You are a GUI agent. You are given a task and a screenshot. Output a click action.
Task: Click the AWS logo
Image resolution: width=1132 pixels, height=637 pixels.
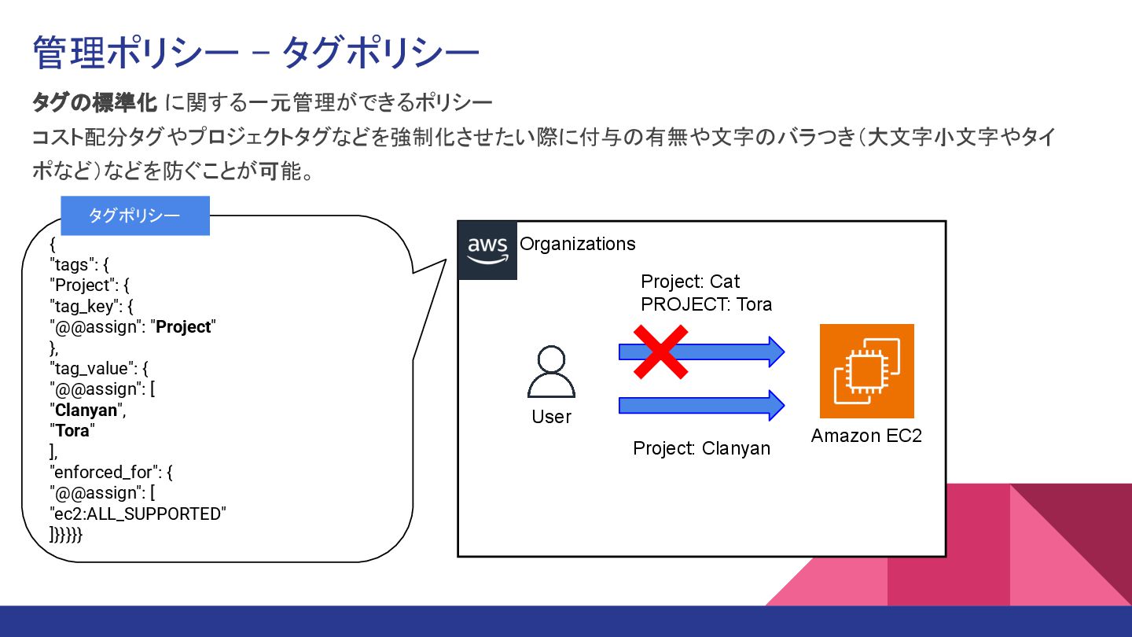487,250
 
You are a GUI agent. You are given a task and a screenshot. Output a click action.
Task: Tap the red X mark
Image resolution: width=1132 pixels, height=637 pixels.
661,352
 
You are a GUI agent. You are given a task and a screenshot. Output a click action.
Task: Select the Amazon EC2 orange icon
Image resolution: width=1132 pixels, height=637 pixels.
866,371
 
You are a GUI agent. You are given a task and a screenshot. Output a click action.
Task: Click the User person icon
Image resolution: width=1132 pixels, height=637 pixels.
551,373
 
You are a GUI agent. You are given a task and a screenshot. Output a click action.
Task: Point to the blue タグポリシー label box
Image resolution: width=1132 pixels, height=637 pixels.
135,216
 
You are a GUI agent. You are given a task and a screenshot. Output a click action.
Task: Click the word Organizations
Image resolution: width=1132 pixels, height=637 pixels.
578,244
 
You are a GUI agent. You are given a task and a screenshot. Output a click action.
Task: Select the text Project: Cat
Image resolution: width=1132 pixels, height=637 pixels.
690,282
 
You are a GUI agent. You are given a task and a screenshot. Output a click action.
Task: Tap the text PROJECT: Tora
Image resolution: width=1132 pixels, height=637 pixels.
706,304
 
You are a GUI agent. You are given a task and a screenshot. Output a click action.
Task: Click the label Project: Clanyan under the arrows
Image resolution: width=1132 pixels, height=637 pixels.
701,448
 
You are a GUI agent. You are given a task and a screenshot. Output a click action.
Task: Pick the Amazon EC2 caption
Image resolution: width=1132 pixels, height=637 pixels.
866,436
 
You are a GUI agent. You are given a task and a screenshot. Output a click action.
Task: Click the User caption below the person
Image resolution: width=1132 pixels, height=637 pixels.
551,417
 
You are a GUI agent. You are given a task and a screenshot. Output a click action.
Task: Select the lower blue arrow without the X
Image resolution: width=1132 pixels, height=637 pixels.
701,405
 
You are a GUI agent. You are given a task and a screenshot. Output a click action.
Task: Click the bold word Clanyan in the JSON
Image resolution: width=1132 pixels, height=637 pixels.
86,410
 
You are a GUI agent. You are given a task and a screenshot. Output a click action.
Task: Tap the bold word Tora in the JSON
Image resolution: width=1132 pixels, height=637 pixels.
72,431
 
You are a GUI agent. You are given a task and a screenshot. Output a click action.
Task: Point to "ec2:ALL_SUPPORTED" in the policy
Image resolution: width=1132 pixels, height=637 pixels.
138,514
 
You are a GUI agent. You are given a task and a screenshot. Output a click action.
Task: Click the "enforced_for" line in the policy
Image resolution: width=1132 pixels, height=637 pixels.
111,473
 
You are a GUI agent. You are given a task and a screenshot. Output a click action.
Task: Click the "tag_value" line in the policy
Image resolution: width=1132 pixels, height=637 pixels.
99,368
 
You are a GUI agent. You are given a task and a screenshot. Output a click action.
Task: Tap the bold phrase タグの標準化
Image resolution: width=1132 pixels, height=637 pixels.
95,102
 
